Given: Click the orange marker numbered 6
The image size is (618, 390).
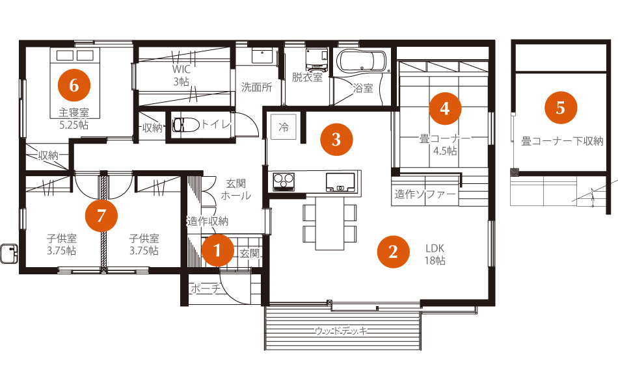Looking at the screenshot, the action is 74,85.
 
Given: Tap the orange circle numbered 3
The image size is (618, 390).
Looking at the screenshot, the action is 336,139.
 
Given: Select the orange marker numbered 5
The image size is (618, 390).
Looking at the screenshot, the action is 561,108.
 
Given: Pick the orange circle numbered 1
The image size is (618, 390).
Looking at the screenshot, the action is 217,250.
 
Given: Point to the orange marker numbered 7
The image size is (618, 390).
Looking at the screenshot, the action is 101,216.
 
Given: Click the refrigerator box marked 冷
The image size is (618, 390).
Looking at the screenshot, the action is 284,127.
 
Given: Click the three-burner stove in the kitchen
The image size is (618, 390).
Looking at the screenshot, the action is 284,181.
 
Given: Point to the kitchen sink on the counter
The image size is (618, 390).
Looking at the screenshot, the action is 340,182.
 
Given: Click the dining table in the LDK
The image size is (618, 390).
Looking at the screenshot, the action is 330,223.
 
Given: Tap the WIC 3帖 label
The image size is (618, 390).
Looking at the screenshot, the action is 181,75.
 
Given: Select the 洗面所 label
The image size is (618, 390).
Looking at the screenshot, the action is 256,87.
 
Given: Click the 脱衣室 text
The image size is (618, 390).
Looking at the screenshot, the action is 308,77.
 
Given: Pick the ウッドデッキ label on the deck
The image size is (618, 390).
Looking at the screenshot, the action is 342,330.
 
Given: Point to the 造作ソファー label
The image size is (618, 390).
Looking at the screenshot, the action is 425,194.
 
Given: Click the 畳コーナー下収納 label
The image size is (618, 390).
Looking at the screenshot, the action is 562,141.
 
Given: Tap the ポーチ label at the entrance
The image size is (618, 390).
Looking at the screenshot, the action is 206,289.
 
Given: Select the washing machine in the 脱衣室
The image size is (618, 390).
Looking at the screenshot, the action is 317,58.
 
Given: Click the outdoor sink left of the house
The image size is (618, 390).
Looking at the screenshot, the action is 10,253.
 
